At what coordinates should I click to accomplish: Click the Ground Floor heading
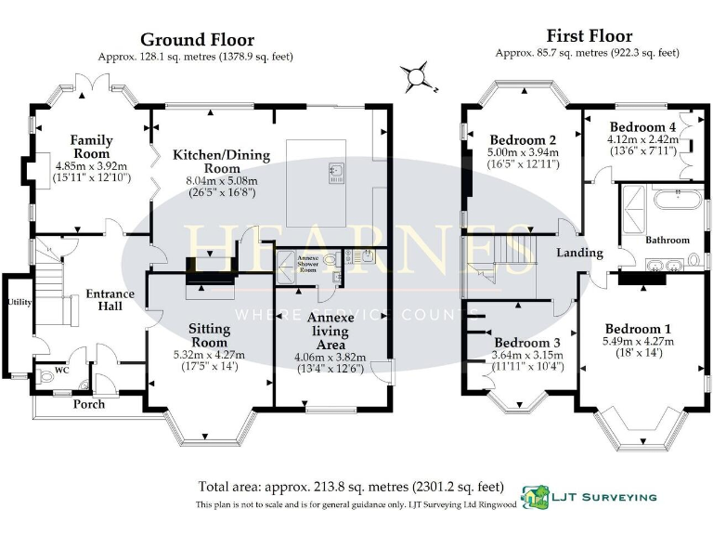[x=196, y=40]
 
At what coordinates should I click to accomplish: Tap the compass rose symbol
[x=419, y=74]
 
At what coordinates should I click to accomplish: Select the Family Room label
[x=91, y=147]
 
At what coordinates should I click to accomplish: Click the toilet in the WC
[x=48, y=378]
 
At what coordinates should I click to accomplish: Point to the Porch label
[x=89, y=404]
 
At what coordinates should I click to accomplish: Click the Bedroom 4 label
[x=642, y=126]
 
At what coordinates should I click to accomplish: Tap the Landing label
[x=579, y=253]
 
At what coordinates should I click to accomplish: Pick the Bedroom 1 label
[x=638, y=329]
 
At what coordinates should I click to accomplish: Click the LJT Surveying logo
[x=590, y=496]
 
